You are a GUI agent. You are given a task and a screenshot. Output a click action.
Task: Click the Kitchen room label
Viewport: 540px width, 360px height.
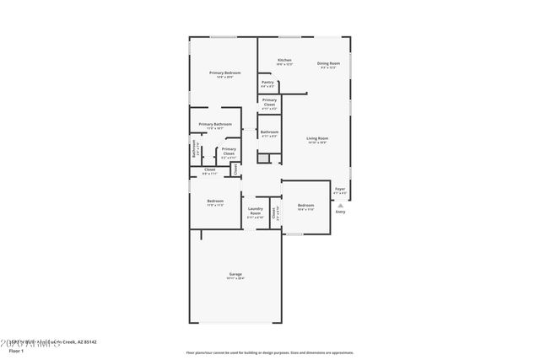(x=284, y=61)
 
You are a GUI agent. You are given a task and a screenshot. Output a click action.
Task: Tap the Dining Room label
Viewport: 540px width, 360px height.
(x=328, y=64)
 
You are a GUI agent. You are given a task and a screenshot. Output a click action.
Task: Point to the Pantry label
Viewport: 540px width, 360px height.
(x=267, y=83)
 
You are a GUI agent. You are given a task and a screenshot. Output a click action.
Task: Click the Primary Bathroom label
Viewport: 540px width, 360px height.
(x=215, y=125)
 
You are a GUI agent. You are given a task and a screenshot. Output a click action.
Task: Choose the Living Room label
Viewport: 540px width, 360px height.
(x=316, y=138)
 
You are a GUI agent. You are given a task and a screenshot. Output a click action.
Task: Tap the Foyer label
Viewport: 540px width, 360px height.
(x=340, y=189)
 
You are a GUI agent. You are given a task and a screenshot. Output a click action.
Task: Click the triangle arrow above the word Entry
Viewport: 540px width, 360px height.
(x=340, y=205)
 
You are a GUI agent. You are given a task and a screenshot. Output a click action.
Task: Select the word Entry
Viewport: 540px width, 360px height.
(x=340, y=212)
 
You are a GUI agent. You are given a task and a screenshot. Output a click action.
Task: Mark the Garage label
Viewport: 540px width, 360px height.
(x=235, y=275)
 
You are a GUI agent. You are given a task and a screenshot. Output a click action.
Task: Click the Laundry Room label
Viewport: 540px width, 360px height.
(x=255, y=211)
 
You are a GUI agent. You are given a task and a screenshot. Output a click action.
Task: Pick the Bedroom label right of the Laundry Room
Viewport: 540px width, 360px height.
(x=305, y=205)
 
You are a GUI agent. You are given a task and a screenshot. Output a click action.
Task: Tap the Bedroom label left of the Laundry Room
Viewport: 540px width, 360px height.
(x=215, y=201)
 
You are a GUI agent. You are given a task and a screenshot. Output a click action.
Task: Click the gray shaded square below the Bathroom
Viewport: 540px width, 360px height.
(x=263, y=158)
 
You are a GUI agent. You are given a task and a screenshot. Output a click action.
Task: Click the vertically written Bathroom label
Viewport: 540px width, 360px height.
(x=194, y=151)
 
